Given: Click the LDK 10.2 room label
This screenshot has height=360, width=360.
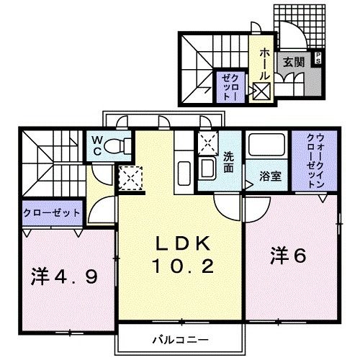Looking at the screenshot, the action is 184,254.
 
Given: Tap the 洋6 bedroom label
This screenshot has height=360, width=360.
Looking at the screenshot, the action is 288,256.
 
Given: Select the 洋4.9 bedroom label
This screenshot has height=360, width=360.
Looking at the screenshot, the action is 64,276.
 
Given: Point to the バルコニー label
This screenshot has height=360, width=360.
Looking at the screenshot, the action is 181,340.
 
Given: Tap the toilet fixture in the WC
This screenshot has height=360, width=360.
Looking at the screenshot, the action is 117,145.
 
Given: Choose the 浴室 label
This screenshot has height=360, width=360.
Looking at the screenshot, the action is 270,176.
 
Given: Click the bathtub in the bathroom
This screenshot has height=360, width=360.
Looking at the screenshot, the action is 266,145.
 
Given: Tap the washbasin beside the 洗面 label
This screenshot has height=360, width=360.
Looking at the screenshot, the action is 207,168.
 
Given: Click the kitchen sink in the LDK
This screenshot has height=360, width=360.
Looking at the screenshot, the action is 184,174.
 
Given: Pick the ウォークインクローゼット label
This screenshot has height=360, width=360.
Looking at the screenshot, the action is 315,161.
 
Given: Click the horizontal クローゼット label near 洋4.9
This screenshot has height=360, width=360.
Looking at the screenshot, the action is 51,212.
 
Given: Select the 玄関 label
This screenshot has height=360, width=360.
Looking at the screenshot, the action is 294,62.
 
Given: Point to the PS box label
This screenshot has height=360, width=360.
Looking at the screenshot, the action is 318,58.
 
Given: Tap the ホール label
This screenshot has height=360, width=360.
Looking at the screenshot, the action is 264,63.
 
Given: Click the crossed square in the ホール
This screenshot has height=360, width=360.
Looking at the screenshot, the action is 261,91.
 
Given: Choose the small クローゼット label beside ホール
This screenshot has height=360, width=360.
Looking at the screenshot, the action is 230,87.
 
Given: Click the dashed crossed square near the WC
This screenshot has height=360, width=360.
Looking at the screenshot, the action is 130,178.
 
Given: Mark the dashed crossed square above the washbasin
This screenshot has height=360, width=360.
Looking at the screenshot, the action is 208,143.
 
